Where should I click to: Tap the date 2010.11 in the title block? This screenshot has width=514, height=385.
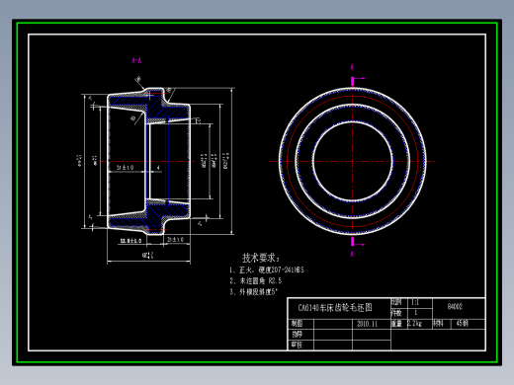(368, 323)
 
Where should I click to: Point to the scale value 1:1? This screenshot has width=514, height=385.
(414, 302)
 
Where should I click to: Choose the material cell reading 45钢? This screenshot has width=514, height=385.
(462, 323)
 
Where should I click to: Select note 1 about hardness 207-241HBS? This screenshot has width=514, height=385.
(267, 269)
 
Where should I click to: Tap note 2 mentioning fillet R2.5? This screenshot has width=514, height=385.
(258, 280)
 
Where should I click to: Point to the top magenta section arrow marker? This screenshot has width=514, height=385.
(352, 68)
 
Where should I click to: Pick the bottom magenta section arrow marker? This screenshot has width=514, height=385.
(352, 241)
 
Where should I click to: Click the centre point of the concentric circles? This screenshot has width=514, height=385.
(352, 155)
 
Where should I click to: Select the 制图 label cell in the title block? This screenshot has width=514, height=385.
(297, 323)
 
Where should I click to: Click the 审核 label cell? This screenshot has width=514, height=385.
(297, 345)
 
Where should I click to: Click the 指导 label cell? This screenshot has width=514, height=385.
(297, 334)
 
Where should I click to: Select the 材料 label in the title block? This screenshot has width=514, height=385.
(438, 323)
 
